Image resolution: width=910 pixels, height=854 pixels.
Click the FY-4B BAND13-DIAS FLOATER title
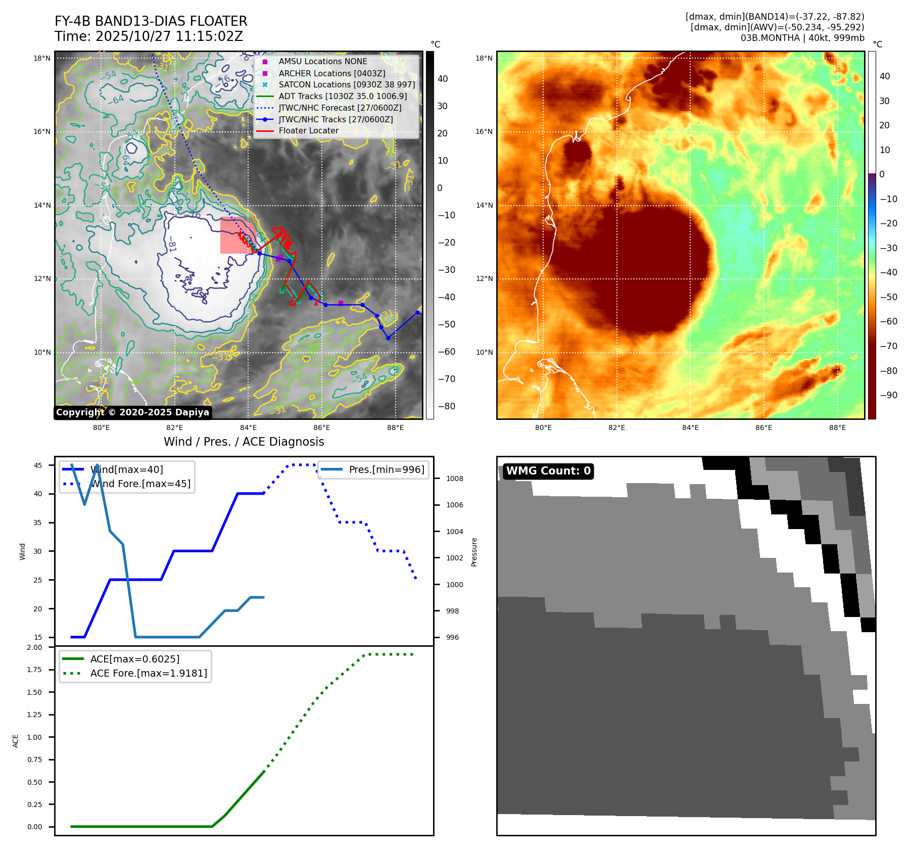point(151,21)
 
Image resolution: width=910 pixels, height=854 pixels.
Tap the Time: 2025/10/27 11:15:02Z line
point(149,36)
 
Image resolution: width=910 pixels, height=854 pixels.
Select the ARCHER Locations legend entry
point(331,73)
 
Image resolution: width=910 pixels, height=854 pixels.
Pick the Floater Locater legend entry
point(308,131)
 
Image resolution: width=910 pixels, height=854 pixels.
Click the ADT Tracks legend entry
point(343,96)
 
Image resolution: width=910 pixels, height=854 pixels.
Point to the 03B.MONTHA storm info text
point(802,38)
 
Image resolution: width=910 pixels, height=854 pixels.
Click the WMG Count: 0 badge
point(548,471)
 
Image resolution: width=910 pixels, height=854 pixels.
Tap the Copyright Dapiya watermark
point(132,412)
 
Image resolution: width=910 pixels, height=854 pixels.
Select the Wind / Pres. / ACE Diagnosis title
point(244,442)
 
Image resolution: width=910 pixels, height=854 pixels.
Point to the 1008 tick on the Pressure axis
point(454,479)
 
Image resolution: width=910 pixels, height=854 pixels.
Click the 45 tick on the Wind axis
point(38,465)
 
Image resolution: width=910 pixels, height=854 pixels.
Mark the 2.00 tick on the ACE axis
point(34,647)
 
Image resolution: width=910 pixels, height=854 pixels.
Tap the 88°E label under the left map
point(395,428)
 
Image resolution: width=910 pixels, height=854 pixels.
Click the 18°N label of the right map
point(484,58)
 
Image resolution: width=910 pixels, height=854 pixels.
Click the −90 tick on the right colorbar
point(888,395)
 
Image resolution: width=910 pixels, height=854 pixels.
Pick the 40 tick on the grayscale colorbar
point(443,79)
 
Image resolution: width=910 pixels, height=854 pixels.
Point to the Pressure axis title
point(474,552)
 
